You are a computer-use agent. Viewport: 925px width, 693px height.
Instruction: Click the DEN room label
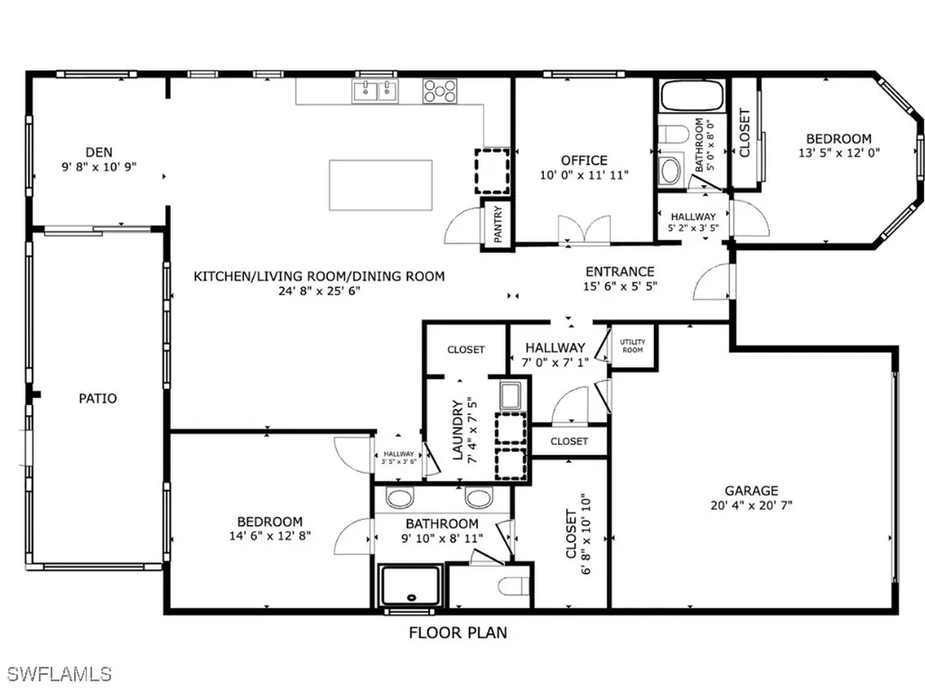tap(98, 152)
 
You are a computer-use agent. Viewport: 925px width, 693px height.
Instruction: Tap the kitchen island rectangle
tap(380, 184)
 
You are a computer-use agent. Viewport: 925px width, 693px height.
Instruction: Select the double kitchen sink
tap(375, 89)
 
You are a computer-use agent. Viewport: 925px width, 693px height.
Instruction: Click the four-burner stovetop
tap(440, 89)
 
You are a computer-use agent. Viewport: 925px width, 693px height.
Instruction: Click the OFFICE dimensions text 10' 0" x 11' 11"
tap(584, 175)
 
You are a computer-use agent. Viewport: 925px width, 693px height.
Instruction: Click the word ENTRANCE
tap(620, 272)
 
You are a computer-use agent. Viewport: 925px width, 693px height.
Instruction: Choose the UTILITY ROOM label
tap(632, 346)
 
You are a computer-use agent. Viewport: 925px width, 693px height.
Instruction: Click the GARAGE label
tap(751, 491)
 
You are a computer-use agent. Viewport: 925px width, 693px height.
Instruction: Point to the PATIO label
tap(98, 398)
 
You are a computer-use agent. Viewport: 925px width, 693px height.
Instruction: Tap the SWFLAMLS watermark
tap(61, 674)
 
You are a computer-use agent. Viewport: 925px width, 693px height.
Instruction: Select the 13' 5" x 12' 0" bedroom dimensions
tap(838, 152)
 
